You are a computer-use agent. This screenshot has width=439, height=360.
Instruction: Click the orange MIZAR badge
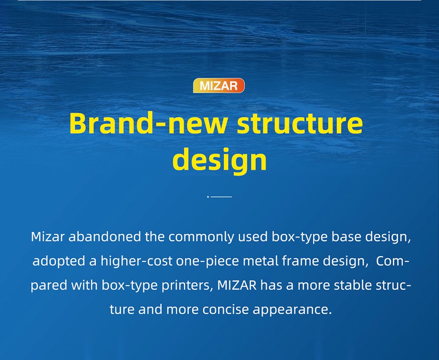[x=219, y=86]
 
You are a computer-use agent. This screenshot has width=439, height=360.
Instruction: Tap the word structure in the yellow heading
[x=300, y=123]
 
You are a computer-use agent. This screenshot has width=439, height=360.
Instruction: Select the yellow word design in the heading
[x=219, y=160]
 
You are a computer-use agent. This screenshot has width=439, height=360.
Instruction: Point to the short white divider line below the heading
[x=219, y=197]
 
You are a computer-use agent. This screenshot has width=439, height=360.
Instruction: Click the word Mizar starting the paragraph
[x=48, y=237]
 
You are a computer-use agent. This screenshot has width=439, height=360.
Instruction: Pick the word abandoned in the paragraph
[x=105, y=237]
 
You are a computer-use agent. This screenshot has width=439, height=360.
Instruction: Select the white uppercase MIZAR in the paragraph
[x=237, y=285]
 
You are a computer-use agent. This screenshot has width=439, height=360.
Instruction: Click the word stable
[x=353, y=285]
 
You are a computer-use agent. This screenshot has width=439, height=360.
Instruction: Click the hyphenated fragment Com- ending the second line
[x=393, y=261]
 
